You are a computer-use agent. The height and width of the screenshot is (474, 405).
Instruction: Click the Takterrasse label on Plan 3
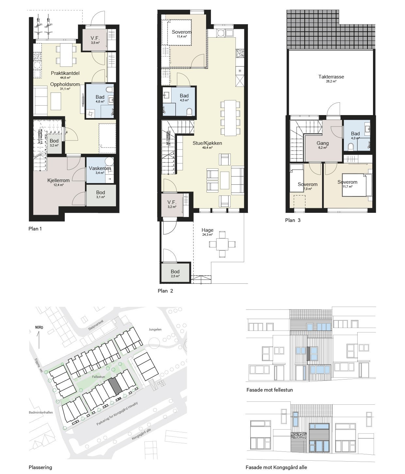click(331, 77)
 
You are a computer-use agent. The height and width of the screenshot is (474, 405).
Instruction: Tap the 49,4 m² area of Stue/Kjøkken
click(207, 148)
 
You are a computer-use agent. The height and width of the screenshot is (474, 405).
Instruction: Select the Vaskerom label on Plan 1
click(100, 168)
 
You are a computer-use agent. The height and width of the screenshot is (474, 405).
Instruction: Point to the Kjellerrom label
click(58, 180)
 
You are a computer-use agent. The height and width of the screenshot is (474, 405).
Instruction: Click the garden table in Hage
click(222, 244)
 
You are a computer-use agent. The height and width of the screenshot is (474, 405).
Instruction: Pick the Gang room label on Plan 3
click(322, 143)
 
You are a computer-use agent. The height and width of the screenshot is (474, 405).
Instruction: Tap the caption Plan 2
click(165, 291)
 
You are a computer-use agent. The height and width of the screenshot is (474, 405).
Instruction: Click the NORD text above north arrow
click(39, 327)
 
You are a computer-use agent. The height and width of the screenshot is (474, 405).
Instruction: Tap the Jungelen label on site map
click(155, 330)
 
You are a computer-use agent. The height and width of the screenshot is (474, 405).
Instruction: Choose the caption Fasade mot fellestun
click(269, 390)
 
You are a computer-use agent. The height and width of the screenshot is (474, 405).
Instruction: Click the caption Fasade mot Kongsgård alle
click(276, 467)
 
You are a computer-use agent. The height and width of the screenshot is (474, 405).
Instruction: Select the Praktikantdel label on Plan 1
click(65, 73)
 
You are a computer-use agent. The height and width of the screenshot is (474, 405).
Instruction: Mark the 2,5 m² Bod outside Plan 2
click(175, 273)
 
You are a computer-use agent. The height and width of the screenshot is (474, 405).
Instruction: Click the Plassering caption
click(40, 467)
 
